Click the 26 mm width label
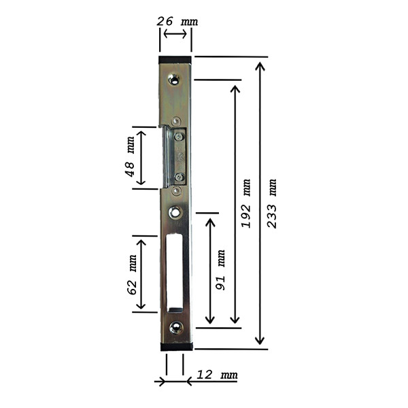click(x=177, y=21)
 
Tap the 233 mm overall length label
click(x=272, y=203)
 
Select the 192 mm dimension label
click(x=246, y=203)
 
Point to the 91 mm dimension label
click(x=220, y=270)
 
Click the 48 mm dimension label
click(x=130, y=156)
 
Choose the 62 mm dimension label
click(x=132, y=275)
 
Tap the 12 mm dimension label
click(x=217, y=375)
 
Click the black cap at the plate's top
click(x=175, y=60)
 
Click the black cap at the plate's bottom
click(x=177, y=346)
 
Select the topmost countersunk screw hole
click(x=174, y=79)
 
